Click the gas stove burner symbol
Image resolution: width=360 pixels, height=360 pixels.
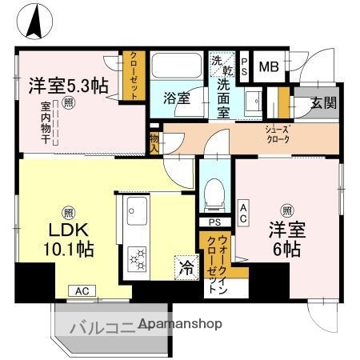[x=137, y=258]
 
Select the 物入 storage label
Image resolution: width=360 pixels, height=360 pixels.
[x=154, y=142]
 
